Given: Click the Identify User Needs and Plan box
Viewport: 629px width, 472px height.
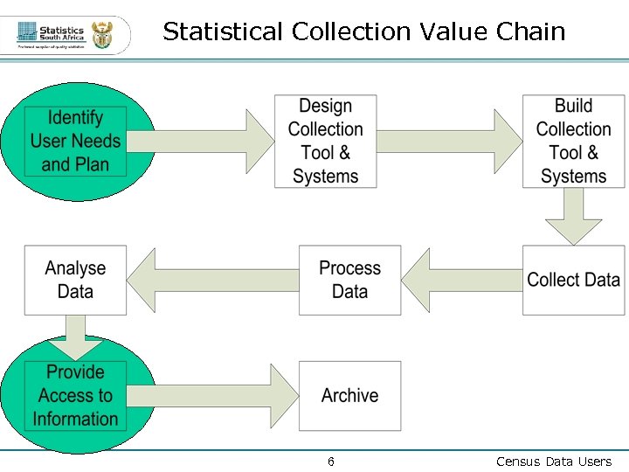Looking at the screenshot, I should click(75, 142).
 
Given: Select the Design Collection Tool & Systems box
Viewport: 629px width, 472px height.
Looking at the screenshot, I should click(326, 142).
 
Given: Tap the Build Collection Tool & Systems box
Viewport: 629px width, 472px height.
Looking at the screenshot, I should click(574, 142).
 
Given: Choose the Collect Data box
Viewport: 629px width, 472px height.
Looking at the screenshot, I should click(574, 280).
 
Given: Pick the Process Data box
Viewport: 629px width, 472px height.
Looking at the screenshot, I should click(350, 280).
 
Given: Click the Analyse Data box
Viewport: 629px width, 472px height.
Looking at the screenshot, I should click(75, 280).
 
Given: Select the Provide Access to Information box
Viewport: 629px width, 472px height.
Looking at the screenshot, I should click(75, 396).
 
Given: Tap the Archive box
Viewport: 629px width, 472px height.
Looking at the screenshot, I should click(350, 396).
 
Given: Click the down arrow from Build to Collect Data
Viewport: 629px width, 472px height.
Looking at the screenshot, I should click(574, 216).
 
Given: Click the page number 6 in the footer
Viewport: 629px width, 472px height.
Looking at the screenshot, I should click(331, 462).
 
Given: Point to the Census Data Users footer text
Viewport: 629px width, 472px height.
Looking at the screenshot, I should click(554, 462).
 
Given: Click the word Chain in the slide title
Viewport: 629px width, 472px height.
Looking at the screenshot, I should click(530, 32).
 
